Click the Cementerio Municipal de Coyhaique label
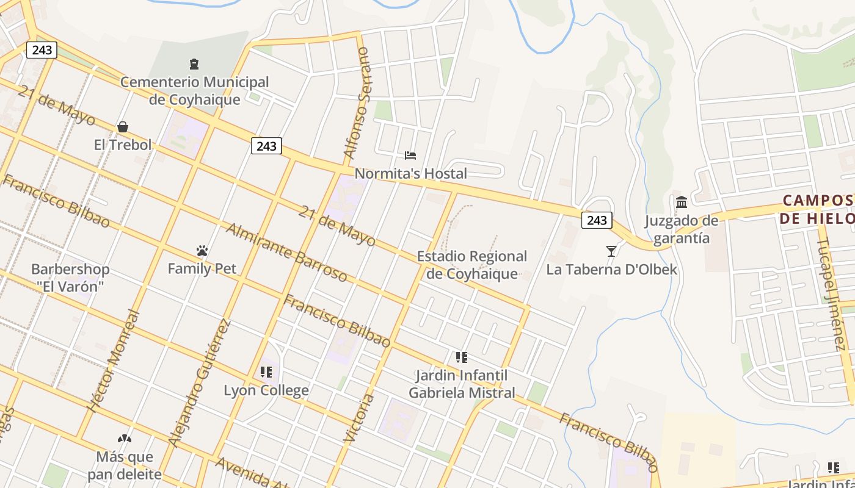(x=194, y=90)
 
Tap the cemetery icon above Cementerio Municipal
(x=194, y=63)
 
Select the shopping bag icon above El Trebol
(x=123, y=127)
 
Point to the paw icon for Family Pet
(x=202, y=251)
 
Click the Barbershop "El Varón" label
(x=70, y=277)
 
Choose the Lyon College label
(x=266, y=390)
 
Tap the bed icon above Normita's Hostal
(x=410, y=156)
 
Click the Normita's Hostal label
(x=410, y=174)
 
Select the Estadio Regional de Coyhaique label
(x=471, y=265)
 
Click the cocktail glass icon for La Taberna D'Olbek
(x=611, y=251)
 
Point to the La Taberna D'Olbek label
(x=611, y=269)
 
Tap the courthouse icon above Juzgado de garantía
(x=682, y=202)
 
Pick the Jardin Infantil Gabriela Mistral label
(x=462, y=384)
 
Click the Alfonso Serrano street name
(x=357, y=104)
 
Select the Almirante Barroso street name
(x=286, y=253)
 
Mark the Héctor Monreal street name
(x=114, y=362)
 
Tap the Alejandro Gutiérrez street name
(x=200, y=382)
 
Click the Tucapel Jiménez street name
(x=830, y=295)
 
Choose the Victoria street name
(x=359, y=418)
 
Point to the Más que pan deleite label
(x=125, y=465)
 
